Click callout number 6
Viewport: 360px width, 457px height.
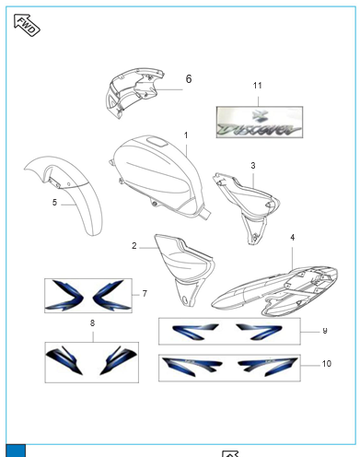[x=189, y=79]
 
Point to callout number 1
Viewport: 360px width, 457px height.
[x=185, y=135]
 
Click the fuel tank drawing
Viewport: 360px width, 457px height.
[x=157, y=171]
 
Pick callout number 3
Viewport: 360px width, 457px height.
[x=252, y=166]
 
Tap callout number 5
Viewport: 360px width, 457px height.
[x=54, y=201]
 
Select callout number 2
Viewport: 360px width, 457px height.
[x=134, y=246]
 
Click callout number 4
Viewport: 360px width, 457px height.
[x=293, y=237]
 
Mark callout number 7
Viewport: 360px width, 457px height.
[x=144, y=293]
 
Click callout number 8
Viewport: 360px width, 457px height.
[x=92, y=323]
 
